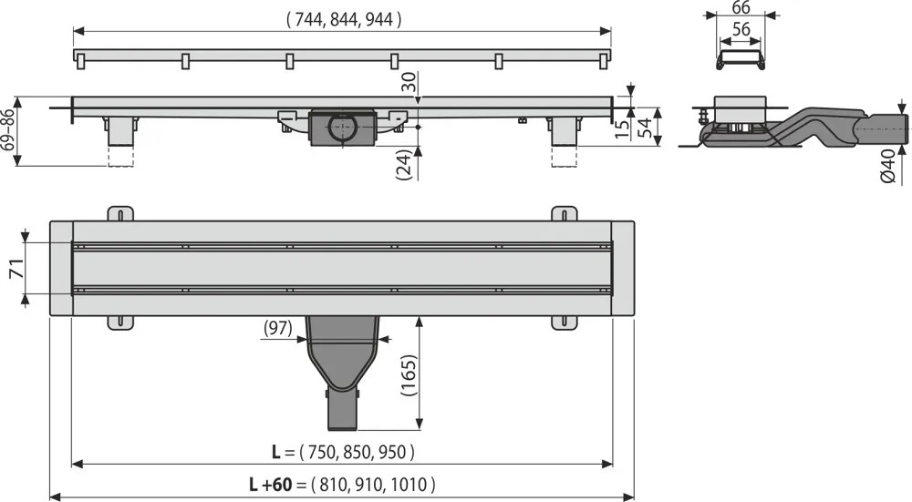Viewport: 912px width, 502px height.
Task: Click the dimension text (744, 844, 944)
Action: point(344,20)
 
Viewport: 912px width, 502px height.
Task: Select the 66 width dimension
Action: point(741,7)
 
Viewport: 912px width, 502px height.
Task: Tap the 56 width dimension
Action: point(741,29)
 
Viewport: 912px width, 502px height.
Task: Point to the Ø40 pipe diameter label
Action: point(888,166)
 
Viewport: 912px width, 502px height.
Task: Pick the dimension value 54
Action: point(645,128)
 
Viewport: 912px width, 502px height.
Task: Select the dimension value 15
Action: point(622,129)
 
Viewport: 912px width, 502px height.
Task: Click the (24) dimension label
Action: point(404,164)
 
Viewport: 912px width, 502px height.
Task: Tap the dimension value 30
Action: point(410,81)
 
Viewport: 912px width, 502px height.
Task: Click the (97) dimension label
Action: point(278,328)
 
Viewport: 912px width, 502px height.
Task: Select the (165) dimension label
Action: point(409,375)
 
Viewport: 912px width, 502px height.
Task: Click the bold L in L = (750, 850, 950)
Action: point(276,452)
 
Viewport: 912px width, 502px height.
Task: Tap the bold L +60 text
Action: point(270,484)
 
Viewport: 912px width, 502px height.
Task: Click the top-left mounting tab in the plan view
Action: point(120,214)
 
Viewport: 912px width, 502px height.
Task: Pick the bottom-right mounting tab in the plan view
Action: point(565,323)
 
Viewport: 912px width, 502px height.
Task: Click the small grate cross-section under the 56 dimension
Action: point(741,60)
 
